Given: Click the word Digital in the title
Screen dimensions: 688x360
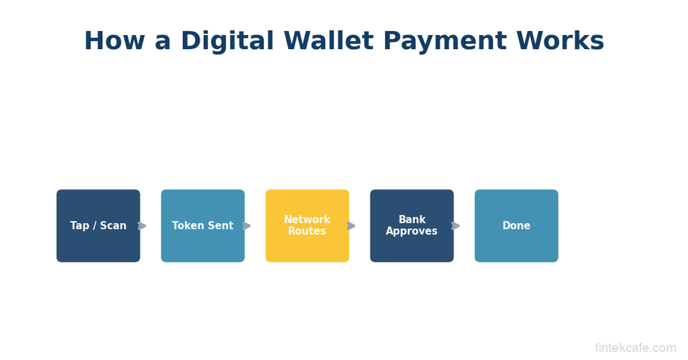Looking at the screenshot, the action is click(x=227, y=41).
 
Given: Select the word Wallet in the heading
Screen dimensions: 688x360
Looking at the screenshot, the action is click(x=329, y=41).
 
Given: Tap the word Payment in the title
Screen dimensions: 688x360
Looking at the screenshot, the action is click(x=445, y=41).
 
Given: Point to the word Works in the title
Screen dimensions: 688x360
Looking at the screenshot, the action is click(x=560, y=41).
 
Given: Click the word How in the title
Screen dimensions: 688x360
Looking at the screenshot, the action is click(x=114, y=41).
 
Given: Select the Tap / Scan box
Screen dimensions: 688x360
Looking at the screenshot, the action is click(x=98, y=226).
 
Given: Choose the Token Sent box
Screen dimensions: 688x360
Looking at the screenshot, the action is click(x=203, y=226).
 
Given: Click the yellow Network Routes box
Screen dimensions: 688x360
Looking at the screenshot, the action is click(x=307, y=226).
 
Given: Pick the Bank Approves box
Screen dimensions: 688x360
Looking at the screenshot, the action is click(x=412, y=226).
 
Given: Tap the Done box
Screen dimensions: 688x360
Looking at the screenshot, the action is click(x=517, y=226).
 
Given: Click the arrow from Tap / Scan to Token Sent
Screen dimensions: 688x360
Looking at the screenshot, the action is click(x=142, y=226).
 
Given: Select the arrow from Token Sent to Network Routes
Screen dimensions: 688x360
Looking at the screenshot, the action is click(x=247, y=226).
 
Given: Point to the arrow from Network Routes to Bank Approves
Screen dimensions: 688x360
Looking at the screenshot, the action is click(x=351, y=226).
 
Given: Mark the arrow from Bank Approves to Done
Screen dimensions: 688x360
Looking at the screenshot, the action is click(x=455, y=226).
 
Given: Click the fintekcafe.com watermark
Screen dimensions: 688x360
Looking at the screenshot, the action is click(x=635, y=348).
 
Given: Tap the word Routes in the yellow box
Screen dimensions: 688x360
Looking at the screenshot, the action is click(x=307, y=231).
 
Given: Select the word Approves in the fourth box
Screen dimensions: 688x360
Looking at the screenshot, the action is click(x=412, y=231).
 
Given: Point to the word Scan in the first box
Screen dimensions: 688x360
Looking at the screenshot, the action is click(x=113, y=225).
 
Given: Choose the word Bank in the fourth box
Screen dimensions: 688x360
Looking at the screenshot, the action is click(x=412, y=220).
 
